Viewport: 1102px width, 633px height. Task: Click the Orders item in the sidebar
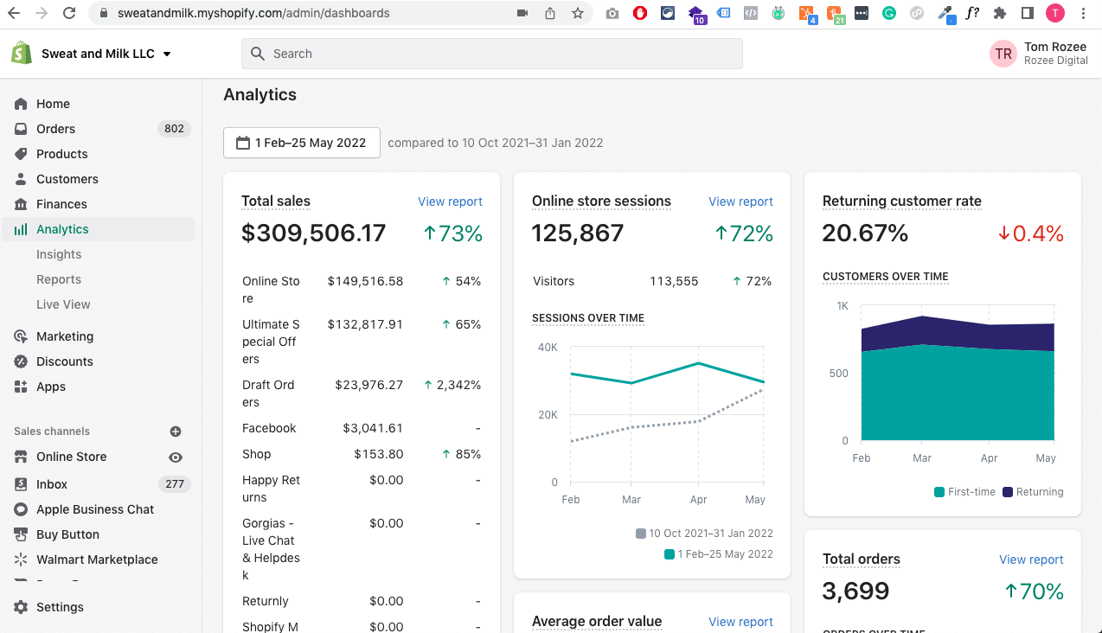(x=55, y=129)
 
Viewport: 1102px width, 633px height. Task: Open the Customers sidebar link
(x=67, y=179)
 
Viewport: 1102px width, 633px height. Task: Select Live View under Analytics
(x=63, y=304)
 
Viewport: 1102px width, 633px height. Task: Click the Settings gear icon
(x=21, y=607)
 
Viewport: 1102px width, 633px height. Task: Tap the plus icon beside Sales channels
(x=176, y=432)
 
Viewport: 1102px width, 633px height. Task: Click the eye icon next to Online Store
(x=176, y=457)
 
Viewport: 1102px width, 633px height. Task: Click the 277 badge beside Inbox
(x=174, y=484)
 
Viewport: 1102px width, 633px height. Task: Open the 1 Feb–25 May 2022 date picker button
(x=302, y=143)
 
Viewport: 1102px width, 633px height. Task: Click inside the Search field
(x=492, y=54)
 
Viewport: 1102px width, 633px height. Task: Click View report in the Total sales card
(x=450, y=201)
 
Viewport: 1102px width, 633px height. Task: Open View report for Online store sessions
(x=740, y=201)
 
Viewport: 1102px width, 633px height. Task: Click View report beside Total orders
(x=1031, y=559)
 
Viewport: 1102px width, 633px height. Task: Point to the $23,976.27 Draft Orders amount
(x=369, y=385)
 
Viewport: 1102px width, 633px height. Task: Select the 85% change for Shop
(x=468, y=454)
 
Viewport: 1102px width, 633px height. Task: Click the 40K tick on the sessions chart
(x=548, y=348)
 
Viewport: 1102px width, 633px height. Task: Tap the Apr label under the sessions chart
(x=698, y=500)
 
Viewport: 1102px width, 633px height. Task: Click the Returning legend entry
(x=1033, y=492)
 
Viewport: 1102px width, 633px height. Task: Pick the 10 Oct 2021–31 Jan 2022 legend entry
(x=704, y=534)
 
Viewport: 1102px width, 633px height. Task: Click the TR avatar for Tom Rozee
(x=1003, y=54)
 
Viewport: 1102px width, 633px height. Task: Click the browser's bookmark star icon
(x=578, y=13)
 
